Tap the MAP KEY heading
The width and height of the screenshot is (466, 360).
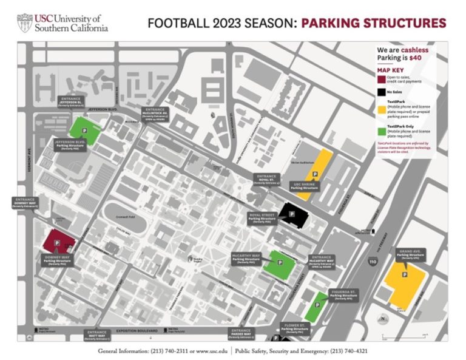coord(389,69)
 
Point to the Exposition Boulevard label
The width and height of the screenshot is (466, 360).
coord(135,331)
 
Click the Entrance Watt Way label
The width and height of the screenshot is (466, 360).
coord(96,335)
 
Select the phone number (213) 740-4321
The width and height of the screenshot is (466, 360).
coord(346,352)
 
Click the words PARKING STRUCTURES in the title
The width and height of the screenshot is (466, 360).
coord(373,24)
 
